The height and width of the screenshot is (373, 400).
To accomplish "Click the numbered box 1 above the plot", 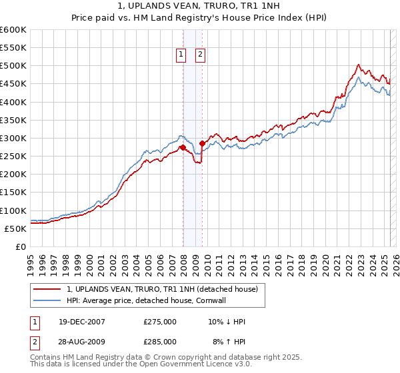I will (181, 55).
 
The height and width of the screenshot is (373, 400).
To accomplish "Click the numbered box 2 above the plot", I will (200, 55).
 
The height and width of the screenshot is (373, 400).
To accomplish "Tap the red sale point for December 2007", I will (183, 147).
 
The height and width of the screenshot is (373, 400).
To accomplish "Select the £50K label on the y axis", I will (15, 228).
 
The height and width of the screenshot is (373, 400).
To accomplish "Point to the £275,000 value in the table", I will (160, 322).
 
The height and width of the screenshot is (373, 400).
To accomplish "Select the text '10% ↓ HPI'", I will (227, 322).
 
